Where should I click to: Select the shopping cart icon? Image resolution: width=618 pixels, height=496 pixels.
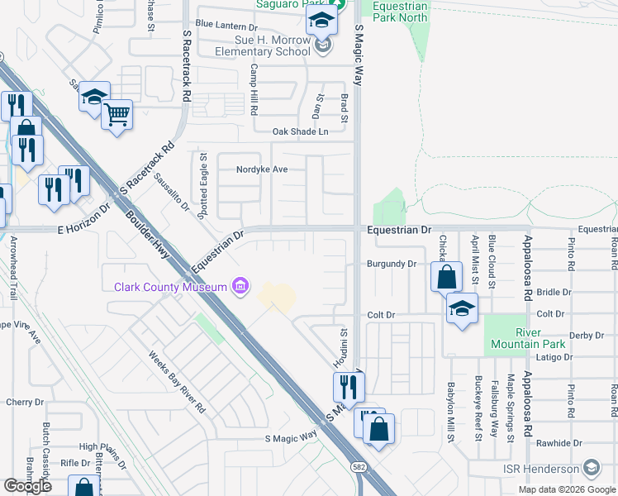point(116,115)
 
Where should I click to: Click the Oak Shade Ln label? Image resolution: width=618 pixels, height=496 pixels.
point(300,131)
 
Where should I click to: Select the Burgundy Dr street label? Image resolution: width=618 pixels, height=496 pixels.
point(391,265)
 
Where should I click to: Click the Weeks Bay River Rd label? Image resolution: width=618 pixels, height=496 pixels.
point(177,382)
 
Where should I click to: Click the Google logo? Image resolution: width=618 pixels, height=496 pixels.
point(27,486)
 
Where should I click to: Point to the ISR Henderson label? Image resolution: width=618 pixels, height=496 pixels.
point(542,469)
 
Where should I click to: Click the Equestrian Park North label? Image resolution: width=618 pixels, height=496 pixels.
point(401,11)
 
